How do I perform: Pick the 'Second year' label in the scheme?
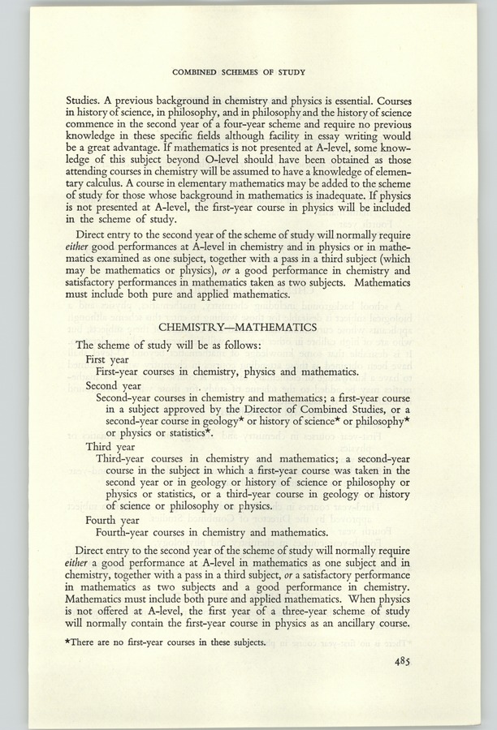(x=119, y=385)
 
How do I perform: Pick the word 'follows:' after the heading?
(x=238, y=344)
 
